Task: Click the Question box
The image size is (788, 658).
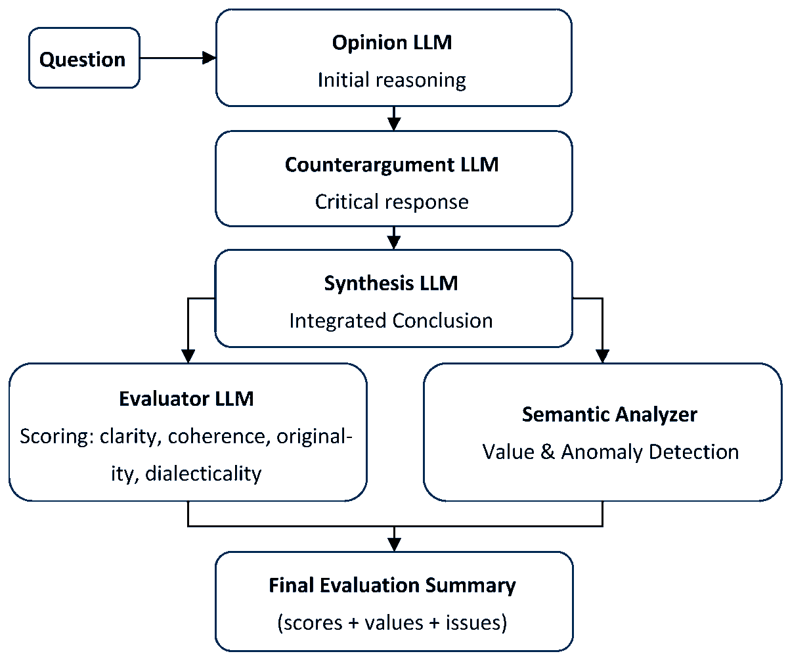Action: pos(83,59)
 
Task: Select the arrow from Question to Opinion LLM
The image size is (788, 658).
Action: pos(177,58)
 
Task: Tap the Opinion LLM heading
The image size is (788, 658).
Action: pos(393,43)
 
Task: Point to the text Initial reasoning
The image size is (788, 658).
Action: pos(392,80)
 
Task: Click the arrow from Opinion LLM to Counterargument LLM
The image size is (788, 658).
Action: pos(393,119)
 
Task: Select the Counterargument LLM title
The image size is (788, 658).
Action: pos(392,164)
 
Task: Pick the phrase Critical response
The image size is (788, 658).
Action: pos(392,202)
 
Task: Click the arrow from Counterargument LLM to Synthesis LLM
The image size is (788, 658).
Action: pos(393,238)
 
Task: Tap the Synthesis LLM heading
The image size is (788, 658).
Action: pos(391,283)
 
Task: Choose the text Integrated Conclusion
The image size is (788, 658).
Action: pos(391,320)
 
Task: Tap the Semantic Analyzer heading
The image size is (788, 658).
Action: pos(609,414)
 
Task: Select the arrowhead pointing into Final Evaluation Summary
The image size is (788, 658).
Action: pos(393,544)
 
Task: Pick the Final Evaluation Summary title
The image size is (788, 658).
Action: pos(392,585)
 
